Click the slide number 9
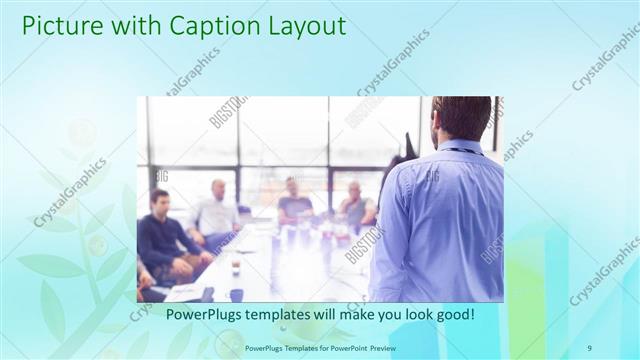coord(590,348)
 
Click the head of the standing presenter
coord(462,118)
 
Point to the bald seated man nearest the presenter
coord(356,206)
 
